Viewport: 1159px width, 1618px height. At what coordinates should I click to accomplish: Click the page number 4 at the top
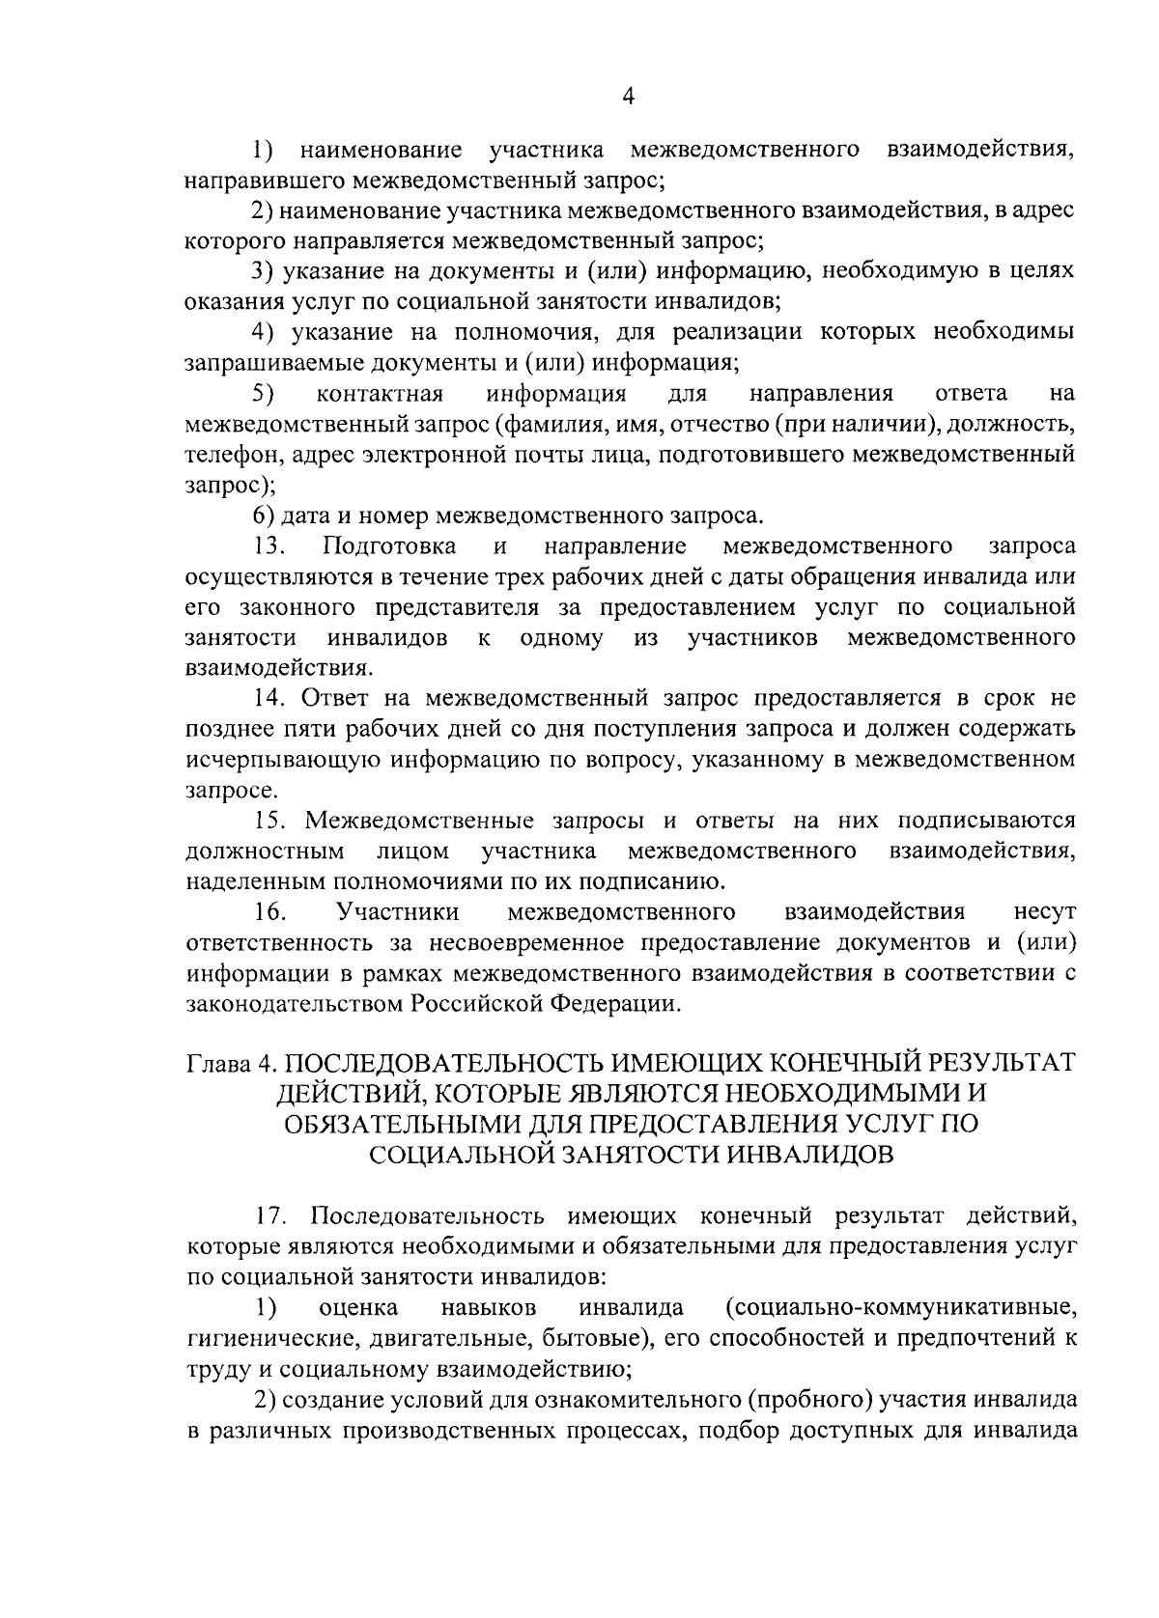point(629,95)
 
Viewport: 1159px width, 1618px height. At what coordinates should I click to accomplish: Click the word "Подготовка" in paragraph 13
point(390,546)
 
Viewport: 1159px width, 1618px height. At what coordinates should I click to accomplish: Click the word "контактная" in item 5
point(379,394)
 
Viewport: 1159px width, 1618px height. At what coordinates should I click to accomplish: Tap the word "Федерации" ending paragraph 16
point(615,1004)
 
